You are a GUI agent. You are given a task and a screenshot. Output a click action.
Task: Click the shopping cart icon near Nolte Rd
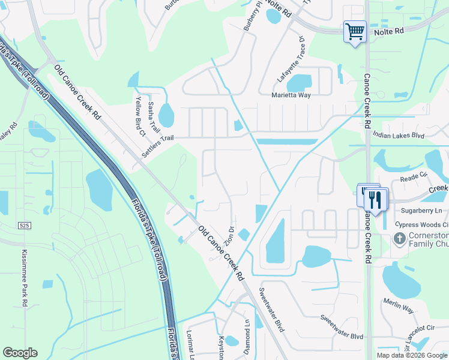coord(355,31)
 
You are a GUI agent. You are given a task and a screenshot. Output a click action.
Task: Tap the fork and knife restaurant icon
coord(376,199)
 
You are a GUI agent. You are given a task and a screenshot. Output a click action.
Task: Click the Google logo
coord(20,353)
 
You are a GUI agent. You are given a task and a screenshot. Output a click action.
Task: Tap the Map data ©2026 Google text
coord(411,355)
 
